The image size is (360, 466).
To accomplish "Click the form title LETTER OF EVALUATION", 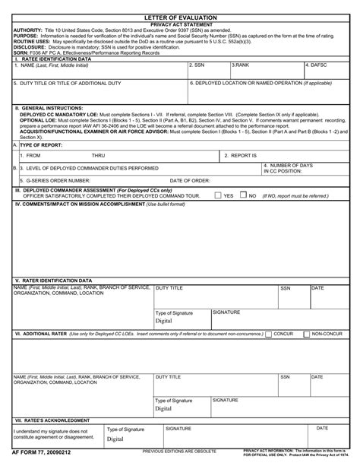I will point(180,17).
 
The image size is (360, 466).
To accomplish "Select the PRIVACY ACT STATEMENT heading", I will point(180,24).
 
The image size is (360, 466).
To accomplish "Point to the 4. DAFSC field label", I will point(317,65).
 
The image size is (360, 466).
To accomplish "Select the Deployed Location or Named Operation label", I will point(250,81).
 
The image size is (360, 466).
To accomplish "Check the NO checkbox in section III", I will point(244,195).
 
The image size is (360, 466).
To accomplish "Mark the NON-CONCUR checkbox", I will point(308,334).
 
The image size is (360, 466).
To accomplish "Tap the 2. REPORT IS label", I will point(241,154).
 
